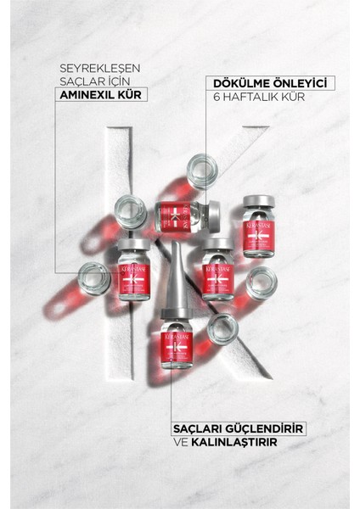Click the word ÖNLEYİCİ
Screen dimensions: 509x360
pos(301,83)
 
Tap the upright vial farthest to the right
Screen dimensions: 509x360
pos(258,227)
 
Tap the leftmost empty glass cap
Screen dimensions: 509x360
pos(94,277)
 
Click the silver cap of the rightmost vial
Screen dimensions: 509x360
pos(258,205)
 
